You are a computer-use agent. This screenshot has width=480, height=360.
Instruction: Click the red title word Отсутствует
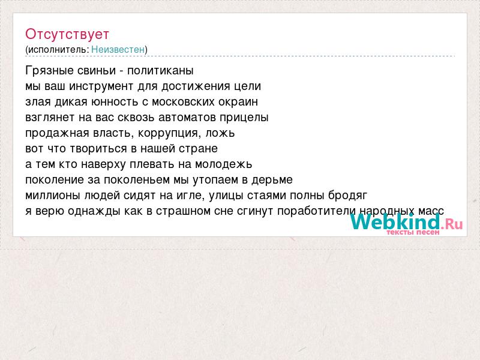click(x=67, y=34)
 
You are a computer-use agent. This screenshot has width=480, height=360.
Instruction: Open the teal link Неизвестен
click(x=118, y=49)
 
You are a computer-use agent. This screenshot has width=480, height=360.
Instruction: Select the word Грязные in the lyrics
click(x=49, y=71)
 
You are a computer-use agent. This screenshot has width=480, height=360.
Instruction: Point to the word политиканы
click(x=160, y=71)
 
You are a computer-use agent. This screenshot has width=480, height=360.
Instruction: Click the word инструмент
click(x=101, y=86)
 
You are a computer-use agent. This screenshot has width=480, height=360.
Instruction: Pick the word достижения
click(x=196, y=86)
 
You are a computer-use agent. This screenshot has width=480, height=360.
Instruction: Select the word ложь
click(x=220, y=133)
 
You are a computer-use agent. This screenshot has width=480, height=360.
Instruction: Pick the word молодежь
click(x=223, y=164)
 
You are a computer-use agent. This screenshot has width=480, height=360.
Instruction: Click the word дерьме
click(x=272, y=180)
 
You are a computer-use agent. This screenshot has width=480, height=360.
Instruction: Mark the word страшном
click(x=183, y=211)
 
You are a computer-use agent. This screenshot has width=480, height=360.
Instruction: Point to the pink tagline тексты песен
click(x=413, y=232)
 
